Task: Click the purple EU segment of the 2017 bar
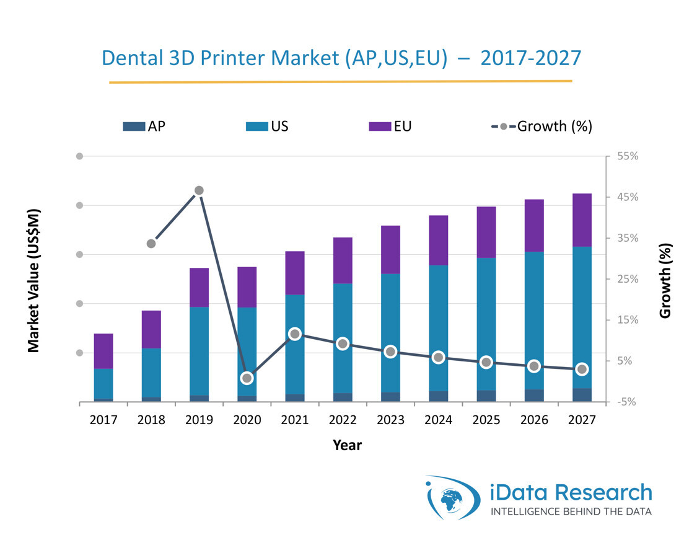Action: (x=103, y=351)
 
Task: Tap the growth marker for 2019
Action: (x=199, y=190)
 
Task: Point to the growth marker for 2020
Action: (x=247, y=378)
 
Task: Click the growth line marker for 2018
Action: (x=151, y=244)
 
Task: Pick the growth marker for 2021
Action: (x=295, y=334)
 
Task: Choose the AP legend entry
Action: (x=144, y=126)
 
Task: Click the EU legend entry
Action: (x=390, y=126)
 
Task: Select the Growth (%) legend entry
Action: (x=541, y=126)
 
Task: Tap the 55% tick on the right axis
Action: (x=628, y=156)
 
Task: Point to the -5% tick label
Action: (x=628, y=402)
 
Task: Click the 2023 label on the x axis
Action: (x=390, y=420)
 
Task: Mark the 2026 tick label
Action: (x=534, y=420)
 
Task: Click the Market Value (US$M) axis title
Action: (x=34, y=280)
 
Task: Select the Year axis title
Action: (x=348, y=445)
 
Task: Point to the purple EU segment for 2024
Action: (x=438, y=240)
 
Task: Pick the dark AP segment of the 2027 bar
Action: (x=581, y=395)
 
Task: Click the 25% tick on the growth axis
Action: (x=628, y=279)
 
